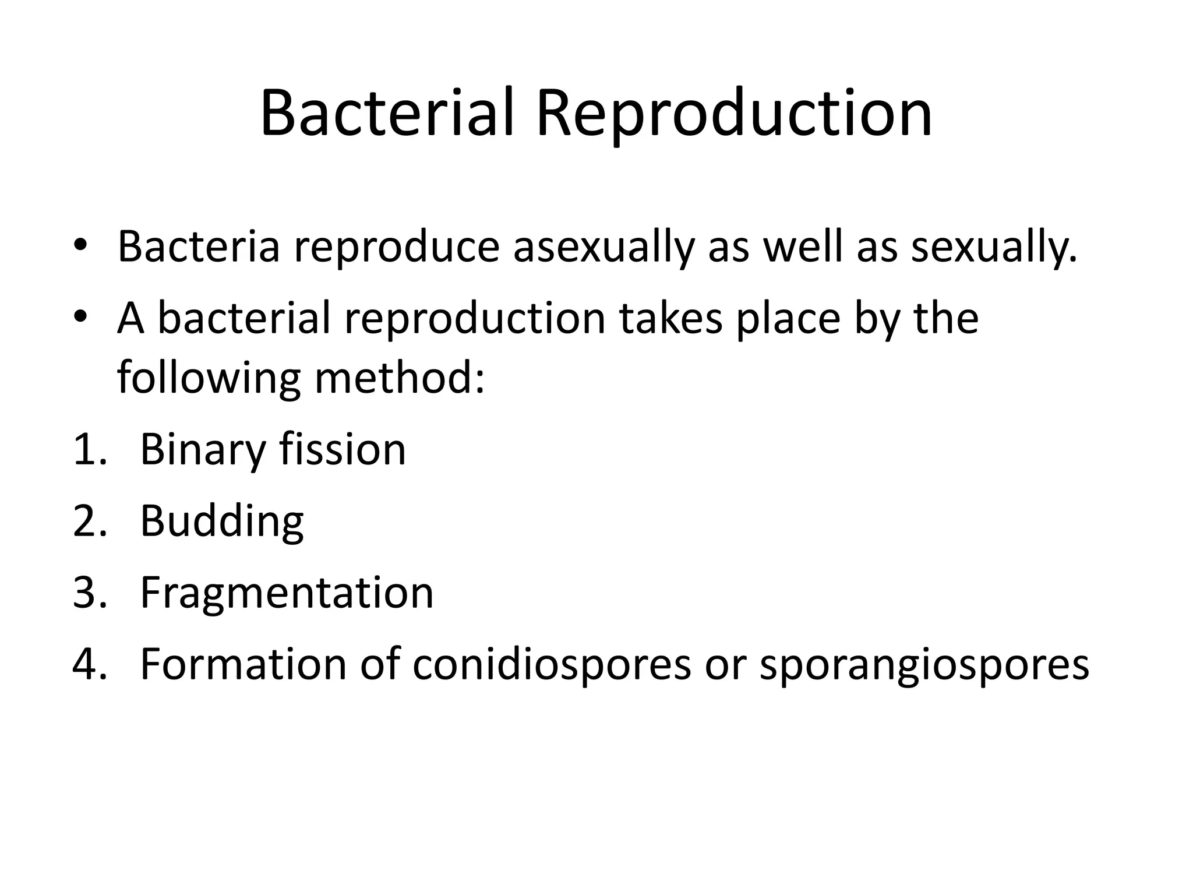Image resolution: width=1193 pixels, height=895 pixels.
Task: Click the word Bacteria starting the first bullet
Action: point(199,247)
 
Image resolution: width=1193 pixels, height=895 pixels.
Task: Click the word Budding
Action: point(221,522)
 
